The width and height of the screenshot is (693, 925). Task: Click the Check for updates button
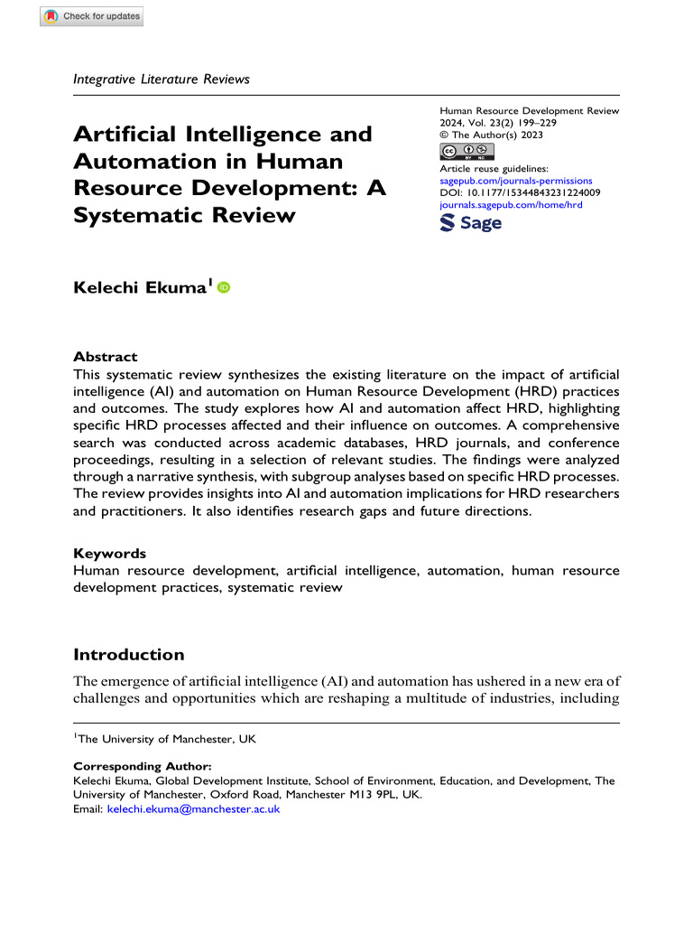point(91,16)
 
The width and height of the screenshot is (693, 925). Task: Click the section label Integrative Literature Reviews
point(161,79)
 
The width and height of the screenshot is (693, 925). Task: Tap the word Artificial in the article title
point(125,135)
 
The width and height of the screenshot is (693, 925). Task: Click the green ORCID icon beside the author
point(223,287)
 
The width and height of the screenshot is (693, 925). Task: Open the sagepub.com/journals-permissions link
point(514,181)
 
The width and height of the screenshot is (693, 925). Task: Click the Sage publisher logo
point(470,223)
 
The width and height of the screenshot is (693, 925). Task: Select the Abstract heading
point(105,357)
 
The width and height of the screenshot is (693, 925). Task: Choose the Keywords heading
point(109,553)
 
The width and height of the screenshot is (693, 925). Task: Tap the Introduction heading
point(128,654)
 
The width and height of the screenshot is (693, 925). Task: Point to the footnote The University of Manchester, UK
point(165,739)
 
